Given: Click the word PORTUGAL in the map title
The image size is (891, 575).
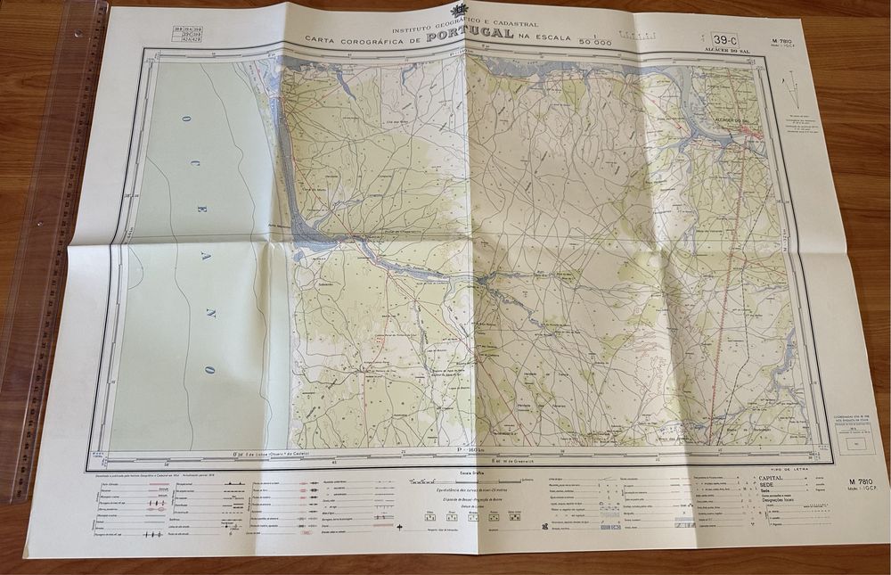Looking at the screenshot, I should click(470, 34).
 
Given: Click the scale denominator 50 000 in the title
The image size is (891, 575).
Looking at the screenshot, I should click(595, 41).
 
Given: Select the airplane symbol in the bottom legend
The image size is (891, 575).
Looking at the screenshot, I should click(401, 528).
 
